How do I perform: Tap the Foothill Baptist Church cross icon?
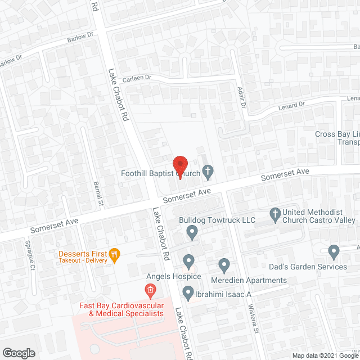coord(208,172)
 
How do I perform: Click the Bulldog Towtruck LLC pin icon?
coord(192,231)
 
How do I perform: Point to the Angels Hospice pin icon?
coord(189,262)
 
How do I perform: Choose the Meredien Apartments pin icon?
coord(224,264)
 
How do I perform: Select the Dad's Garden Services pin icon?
coord(334,251)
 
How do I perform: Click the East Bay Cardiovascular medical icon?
coord(150,291)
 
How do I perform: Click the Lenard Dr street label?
coord(291,105)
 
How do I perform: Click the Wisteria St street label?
coord(254,318)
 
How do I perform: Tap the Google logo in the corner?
coord(19,353)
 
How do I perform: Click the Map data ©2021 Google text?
coord(324,355)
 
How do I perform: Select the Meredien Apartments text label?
coord(249,280)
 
